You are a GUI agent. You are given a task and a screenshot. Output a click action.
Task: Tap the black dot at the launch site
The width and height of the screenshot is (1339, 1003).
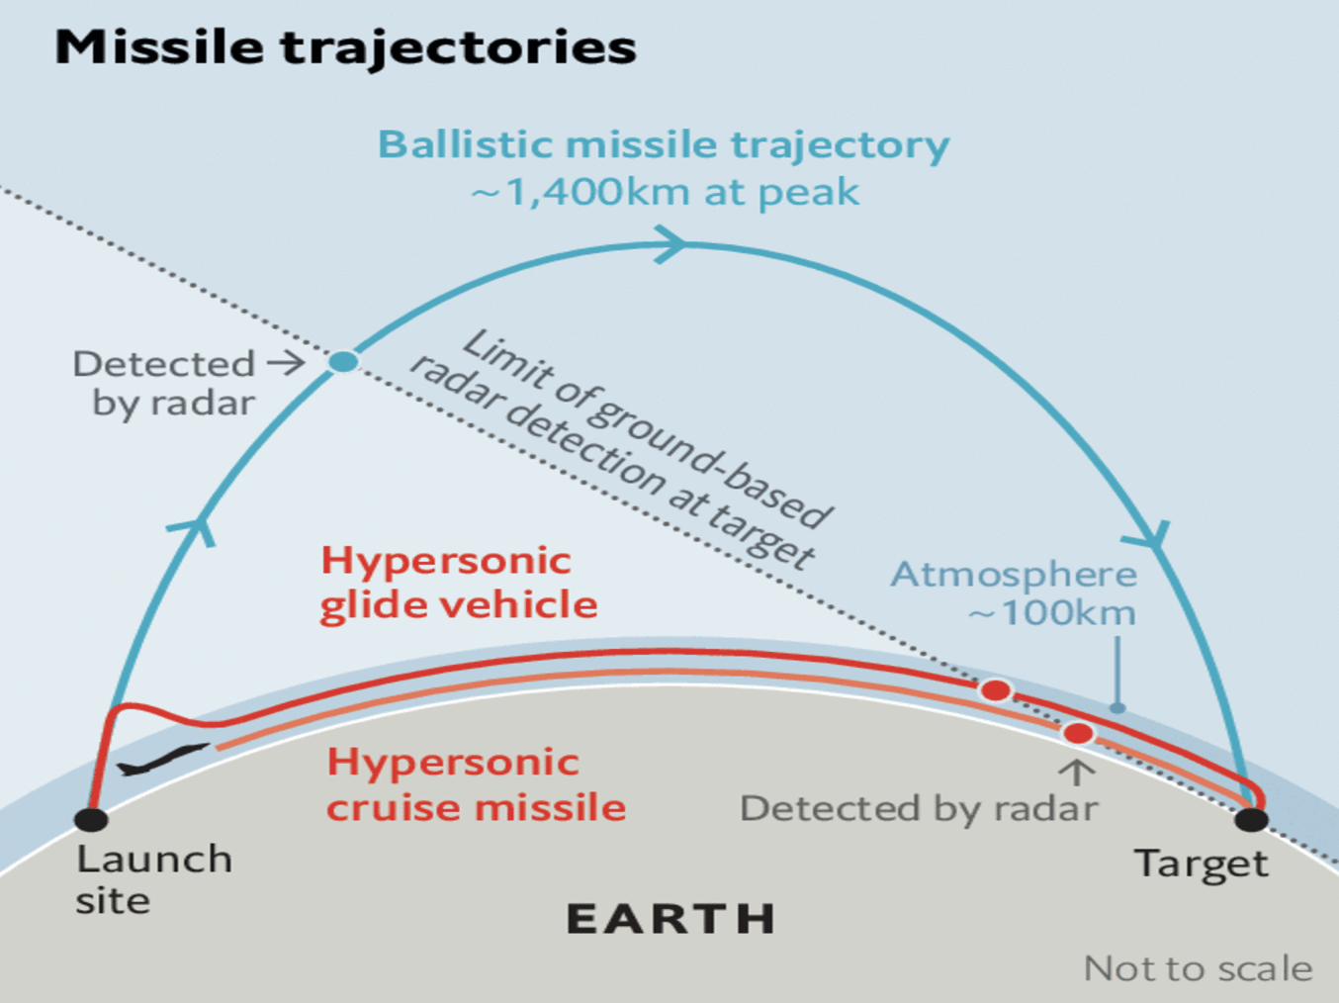click(x=92, y=819)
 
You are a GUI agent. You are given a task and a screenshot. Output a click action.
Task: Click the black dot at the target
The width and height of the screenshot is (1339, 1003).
click(x=1251, y=819)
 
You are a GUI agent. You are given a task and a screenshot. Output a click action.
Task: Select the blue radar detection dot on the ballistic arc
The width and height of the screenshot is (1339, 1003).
click(x=343, y=362)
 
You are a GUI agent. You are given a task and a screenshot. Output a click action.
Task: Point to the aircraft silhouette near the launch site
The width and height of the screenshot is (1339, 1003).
click(x=162, y=760)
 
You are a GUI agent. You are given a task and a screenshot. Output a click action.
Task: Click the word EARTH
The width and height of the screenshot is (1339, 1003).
click(x=671, y=919)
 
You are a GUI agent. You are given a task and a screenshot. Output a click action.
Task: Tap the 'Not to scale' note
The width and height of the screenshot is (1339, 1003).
click(x=1199, y=968)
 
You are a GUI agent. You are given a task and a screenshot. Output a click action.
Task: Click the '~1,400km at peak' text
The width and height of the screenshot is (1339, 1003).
click(x=665, y=192)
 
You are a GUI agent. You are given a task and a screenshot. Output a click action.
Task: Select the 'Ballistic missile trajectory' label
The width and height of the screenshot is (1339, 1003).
click(x=664, y=145)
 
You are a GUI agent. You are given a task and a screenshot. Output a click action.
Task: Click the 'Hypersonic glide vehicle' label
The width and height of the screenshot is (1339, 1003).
click(x=459, y=583)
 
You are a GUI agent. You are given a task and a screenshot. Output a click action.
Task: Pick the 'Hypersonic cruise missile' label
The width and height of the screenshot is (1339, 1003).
click(x=477, y=785)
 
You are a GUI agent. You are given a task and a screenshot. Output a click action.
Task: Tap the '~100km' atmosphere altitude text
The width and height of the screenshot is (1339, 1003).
click(x=1052, y=613)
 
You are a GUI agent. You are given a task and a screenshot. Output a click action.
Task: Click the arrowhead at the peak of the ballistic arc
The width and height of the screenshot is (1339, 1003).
click(x=672, y=244)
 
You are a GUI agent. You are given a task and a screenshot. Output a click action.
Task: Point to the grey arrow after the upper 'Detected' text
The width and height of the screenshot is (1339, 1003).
click(x=286, y=363)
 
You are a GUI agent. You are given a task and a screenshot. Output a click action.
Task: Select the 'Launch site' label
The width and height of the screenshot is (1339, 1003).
click(x=153, y=879)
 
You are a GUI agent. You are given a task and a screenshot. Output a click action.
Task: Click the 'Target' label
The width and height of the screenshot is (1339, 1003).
click(x=1202, y=865)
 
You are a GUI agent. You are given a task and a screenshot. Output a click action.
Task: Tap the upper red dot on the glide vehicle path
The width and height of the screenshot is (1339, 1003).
click(x=996, y=690)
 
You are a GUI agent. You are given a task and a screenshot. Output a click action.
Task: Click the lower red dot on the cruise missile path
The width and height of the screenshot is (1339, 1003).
click(x=1078, y=733)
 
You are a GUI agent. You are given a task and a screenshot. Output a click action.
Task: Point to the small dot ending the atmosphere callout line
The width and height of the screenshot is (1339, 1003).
click(x=1116, y=707)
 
